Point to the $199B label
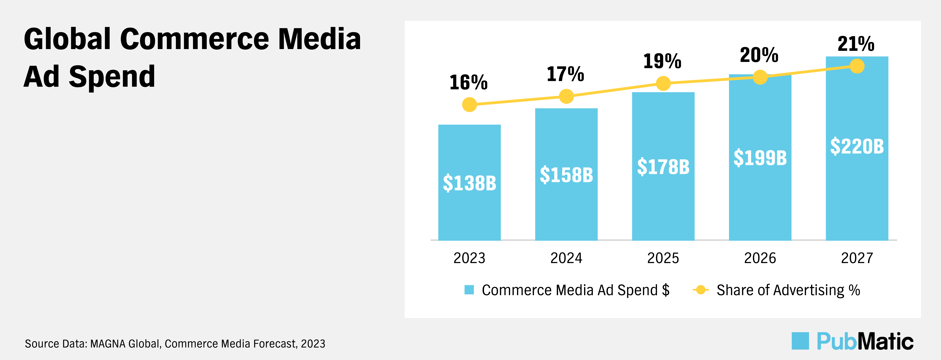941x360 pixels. [760, 158]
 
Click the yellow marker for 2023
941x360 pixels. [469, 105]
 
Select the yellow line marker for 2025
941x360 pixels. [663, 83]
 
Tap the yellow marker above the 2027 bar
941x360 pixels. [857, 66]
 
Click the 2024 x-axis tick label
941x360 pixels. [566, 258]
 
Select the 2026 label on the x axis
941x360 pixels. [760, 258]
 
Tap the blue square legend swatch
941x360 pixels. [469, 290]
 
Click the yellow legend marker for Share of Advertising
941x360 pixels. [701, 290]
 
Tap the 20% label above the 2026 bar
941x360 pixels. [759, 55]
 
